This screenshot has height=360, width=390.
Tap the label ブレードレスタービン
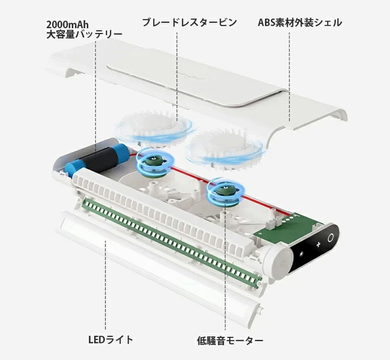190,22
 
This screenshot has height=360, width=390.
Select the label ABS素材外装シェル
299,22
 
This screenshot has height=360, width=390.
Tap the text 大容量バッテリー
84,34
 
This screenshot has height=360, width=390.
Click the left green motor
153,160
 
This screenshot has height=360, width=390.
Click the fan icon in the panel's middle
317,244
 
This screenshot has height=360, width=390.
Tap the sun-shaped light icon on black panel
302,255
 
